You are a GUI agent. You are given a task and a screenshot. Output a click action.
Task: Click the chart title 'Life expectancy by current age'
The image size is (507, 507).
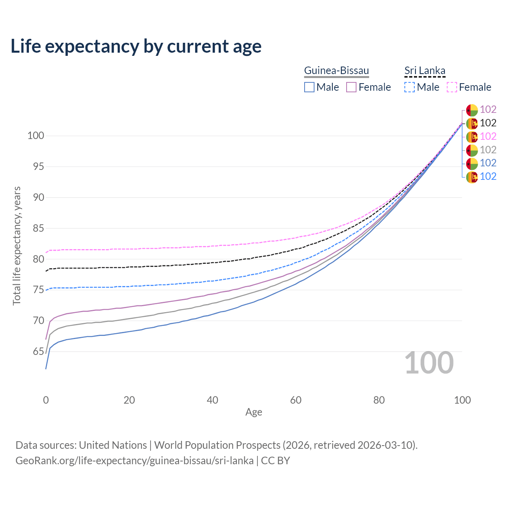[136, 46]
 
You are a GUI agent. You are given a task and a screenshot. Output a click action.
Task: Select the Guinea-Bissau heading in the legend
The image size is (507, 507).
[336, 71]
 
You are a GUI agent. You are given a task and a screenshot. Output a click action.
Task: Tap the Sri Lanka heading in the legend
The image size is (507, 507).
[425, 71]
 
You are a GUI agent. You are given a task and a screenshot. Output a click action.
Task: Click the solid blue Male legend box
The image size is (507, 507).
[309, 87]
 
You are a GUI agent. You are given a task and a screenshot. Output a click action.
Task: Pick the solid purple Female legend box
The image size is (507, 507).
[351, 87]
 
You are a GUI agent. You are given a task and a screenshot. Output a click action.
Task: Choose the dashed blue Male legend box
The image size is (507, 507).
[410, 87]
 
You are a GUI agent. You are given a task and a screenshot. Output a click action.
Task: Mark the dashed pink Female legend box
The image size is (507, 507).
[452, 87]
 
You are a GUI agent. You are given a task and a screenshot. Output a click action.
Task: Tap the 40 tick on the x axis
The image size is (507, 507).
[212, 400]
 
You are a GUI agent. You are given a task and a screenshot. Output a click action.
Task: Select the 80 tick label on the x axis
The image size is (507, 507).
[379, 400]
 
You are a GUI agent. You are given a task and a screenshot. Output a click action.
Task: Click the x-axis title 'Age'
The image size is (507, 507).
[253, 412]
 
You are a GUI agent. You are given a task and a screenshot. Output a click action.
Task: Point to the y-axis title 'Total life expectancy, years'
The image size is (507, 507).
[17, 246]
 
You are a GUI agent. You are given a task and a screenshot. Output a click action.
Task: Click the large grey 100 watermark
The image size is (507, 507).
[429, 363]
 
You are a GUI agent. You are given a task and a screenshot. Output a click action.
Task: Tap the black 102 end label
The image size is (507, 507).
[488, 123]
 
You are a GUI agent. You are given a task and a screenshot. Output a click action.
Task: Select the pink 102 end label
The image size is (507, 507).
[488, 137]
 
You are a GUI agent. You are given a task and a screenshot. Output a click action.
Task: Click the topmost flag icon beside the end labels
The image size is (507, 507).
[472, 110]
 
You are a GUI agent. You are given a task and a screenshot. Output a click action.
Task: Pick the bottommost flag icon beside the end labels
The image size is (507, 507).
[472, 177]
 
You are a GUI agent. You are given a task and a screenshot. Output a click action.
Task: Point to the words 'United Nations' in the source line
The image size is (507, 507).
[113, 445]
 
